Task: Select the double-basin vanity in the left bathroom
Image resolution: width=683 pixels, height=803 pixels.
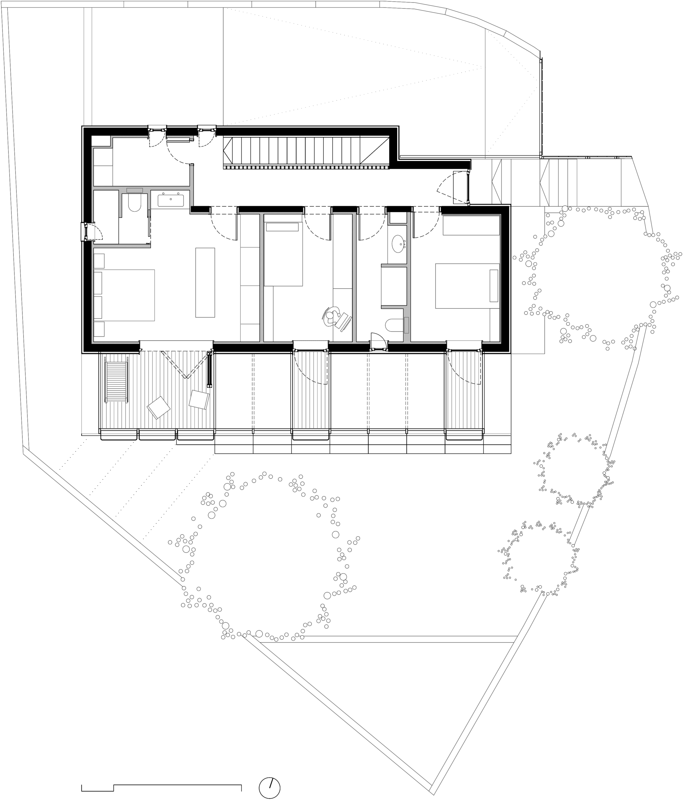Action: coord(170,200)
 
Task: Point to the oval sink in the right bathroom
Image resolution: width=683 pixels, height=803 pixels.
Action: coord(398,244)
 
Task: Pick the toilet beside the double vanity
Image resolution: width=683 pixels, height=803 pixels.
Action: coord(134,203)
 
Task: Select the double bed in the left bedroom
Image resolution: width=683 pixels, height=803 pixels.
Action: coord(124,295)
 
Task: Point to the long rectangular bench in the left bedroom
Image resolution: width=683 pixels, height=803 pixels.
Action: coord(205,282)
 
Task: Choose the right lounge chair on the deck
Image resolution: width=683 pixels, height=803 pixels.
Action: coord(199,399)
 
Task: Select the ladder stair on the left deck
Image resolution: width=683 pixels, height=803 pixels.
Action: coord(116,382)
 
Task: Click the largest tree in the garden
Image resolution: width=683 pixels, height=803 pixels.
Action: coord(263,556)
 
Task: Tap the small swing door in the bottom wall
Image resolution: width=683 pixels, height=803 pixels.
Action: coord(379,342)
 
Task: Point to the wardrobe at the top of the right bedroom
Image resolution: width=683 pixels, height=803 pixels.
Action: coord(471,225)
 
